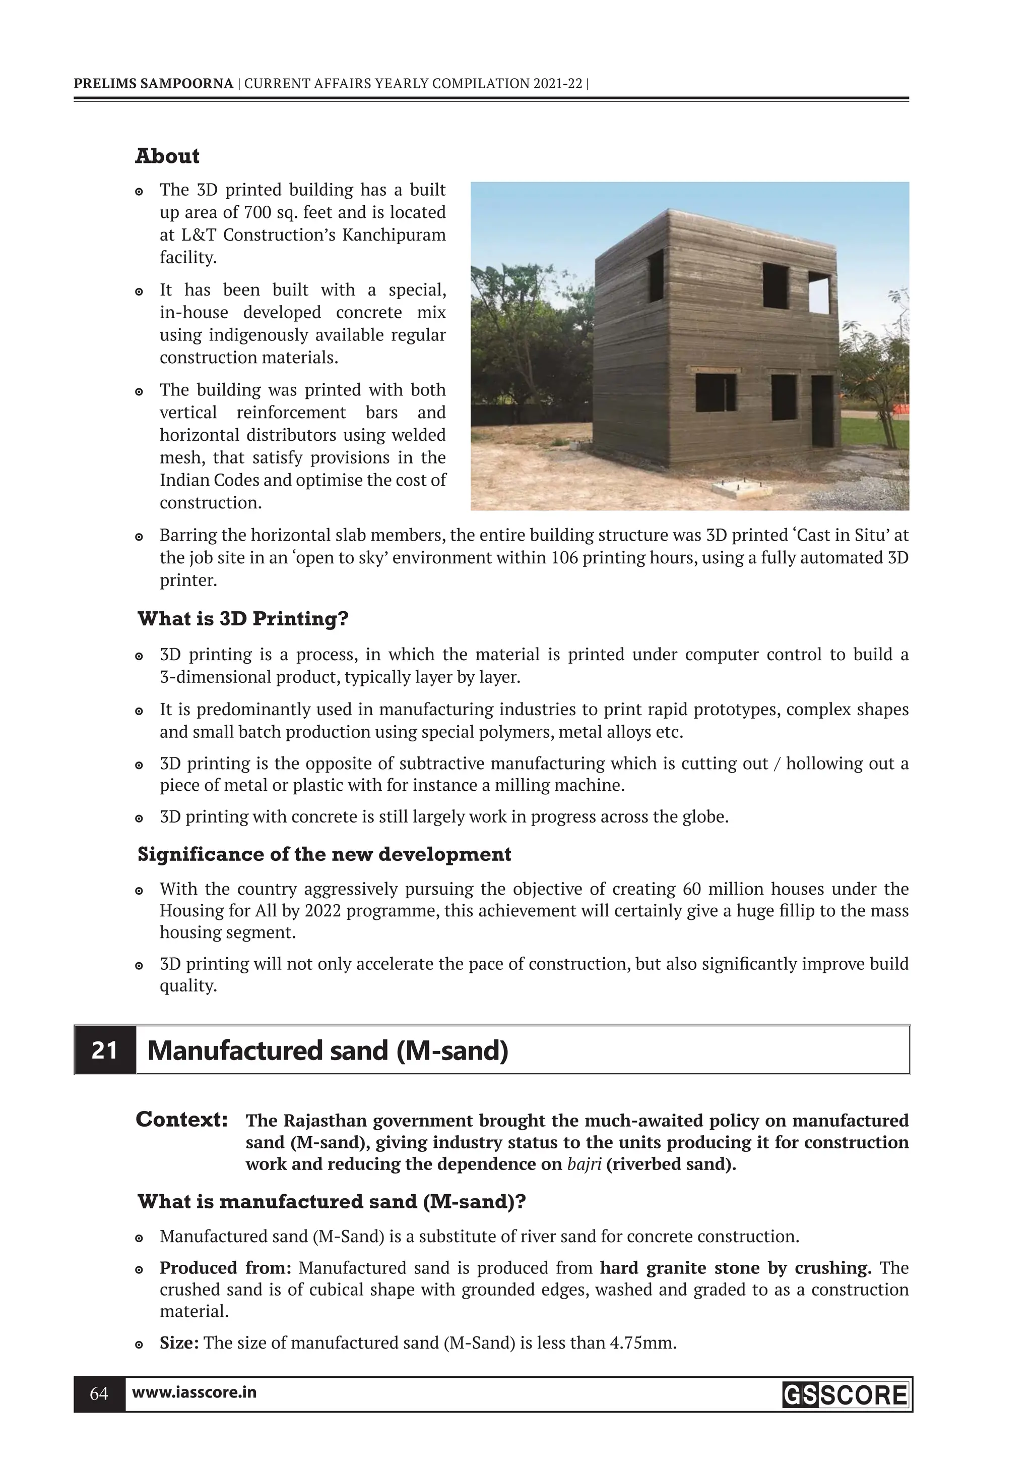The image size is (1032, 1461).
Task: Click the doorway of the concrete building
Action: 821,411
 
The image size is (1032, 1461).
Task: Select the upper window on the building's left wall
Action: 656,275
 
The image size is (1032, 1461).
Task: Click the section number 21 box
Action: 105,1050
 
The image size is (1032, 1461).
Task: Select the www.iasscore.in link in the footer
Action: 194,1393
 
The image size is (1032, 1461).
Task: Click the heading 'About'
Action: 167,156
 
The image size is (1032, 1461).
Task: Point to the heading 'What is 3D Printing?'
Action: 243,618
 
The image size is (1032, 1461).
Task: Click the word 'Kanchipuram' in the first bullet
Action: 394,235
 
